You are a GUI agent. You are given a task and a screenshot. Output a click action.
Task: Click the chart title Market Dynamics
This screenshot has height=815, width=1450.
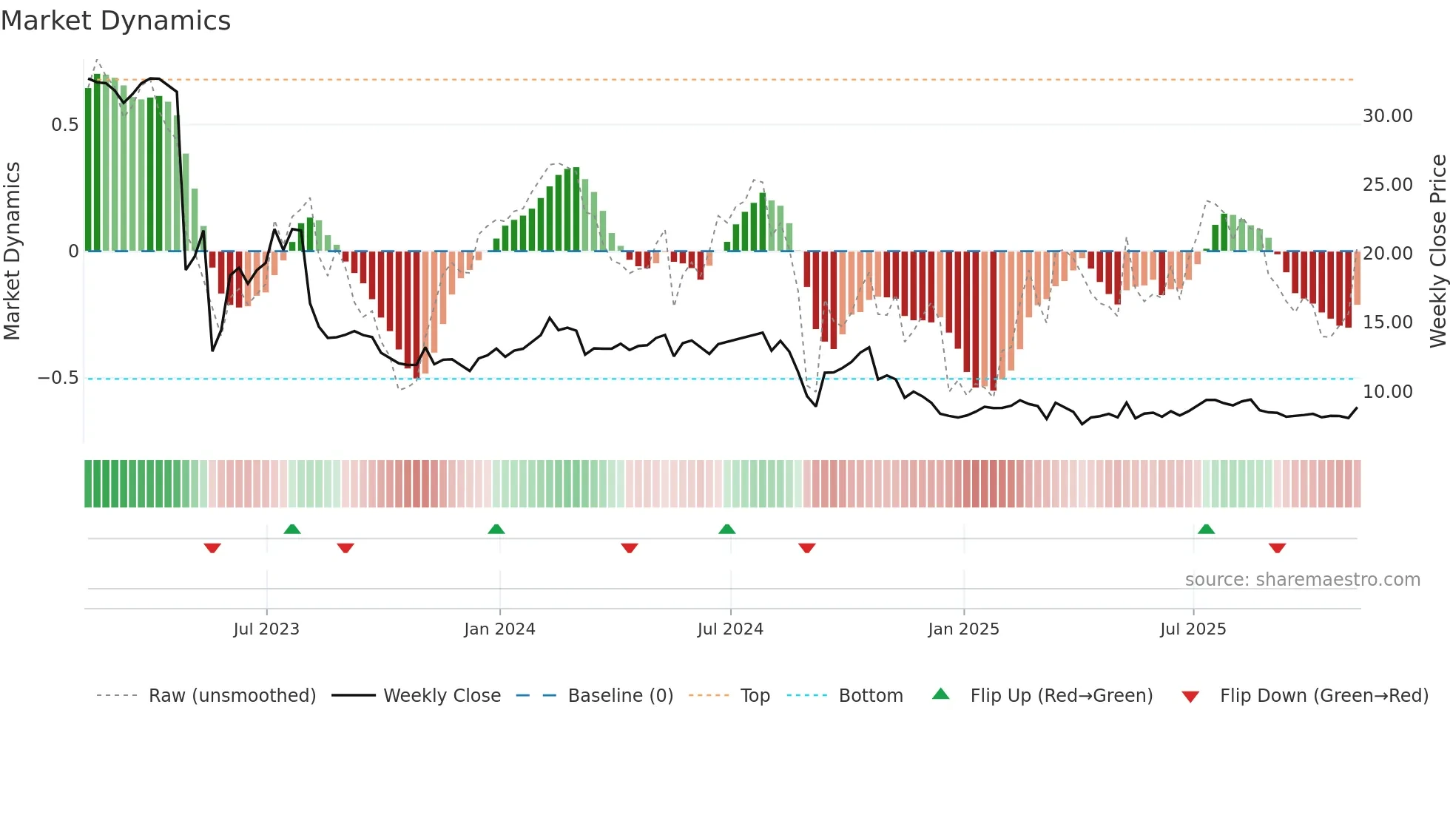click(115, 21)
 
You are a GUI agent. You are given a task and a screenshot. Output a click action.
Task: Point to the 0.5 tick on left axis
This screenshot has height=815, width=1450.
click(65, 125)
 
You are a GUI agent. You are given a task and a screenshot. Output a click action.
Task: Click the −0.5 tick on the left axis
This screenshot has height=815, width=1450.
click(58, 378)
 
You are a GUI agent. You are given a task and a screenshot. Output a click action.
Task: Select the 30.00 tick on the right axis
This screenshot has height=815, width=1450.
click(1387, 116)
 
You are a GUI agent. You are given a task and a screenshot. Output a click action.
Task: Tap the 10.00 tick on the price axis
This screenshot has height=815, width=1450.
click(1387, 392)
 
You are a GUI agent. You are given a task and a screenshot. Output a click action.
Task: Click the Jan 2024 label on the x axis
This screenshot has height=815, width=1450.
click(499, 629)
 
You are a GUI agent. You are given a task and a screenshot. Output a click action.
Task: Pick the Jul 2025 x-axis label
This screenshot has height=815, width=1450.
click(1193, 629)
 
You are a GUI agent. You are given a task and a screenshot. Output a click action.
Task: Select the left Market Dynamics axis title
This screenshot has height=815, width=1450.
click(13, 251)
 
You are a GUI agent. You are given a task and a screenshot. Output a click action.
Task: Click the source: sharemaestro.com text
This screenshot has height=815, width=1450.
click(1302, 580)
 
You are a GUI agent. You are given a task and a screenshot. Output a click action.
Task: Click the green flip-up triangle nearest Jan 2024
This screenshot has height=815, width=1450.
click(496, 530)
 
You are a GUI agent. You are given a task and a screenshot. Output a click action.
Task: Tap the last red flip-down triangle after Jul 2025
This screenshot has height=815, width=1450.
click(1277, 548)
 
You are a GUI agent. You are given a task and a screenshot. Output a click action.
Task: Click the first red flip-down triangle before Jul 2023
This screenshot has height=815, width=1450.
click(212, 548)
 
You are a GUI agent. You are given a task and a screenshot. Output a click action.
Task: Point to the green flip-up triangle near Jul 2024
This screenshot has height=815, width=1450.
click(727, 530)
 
